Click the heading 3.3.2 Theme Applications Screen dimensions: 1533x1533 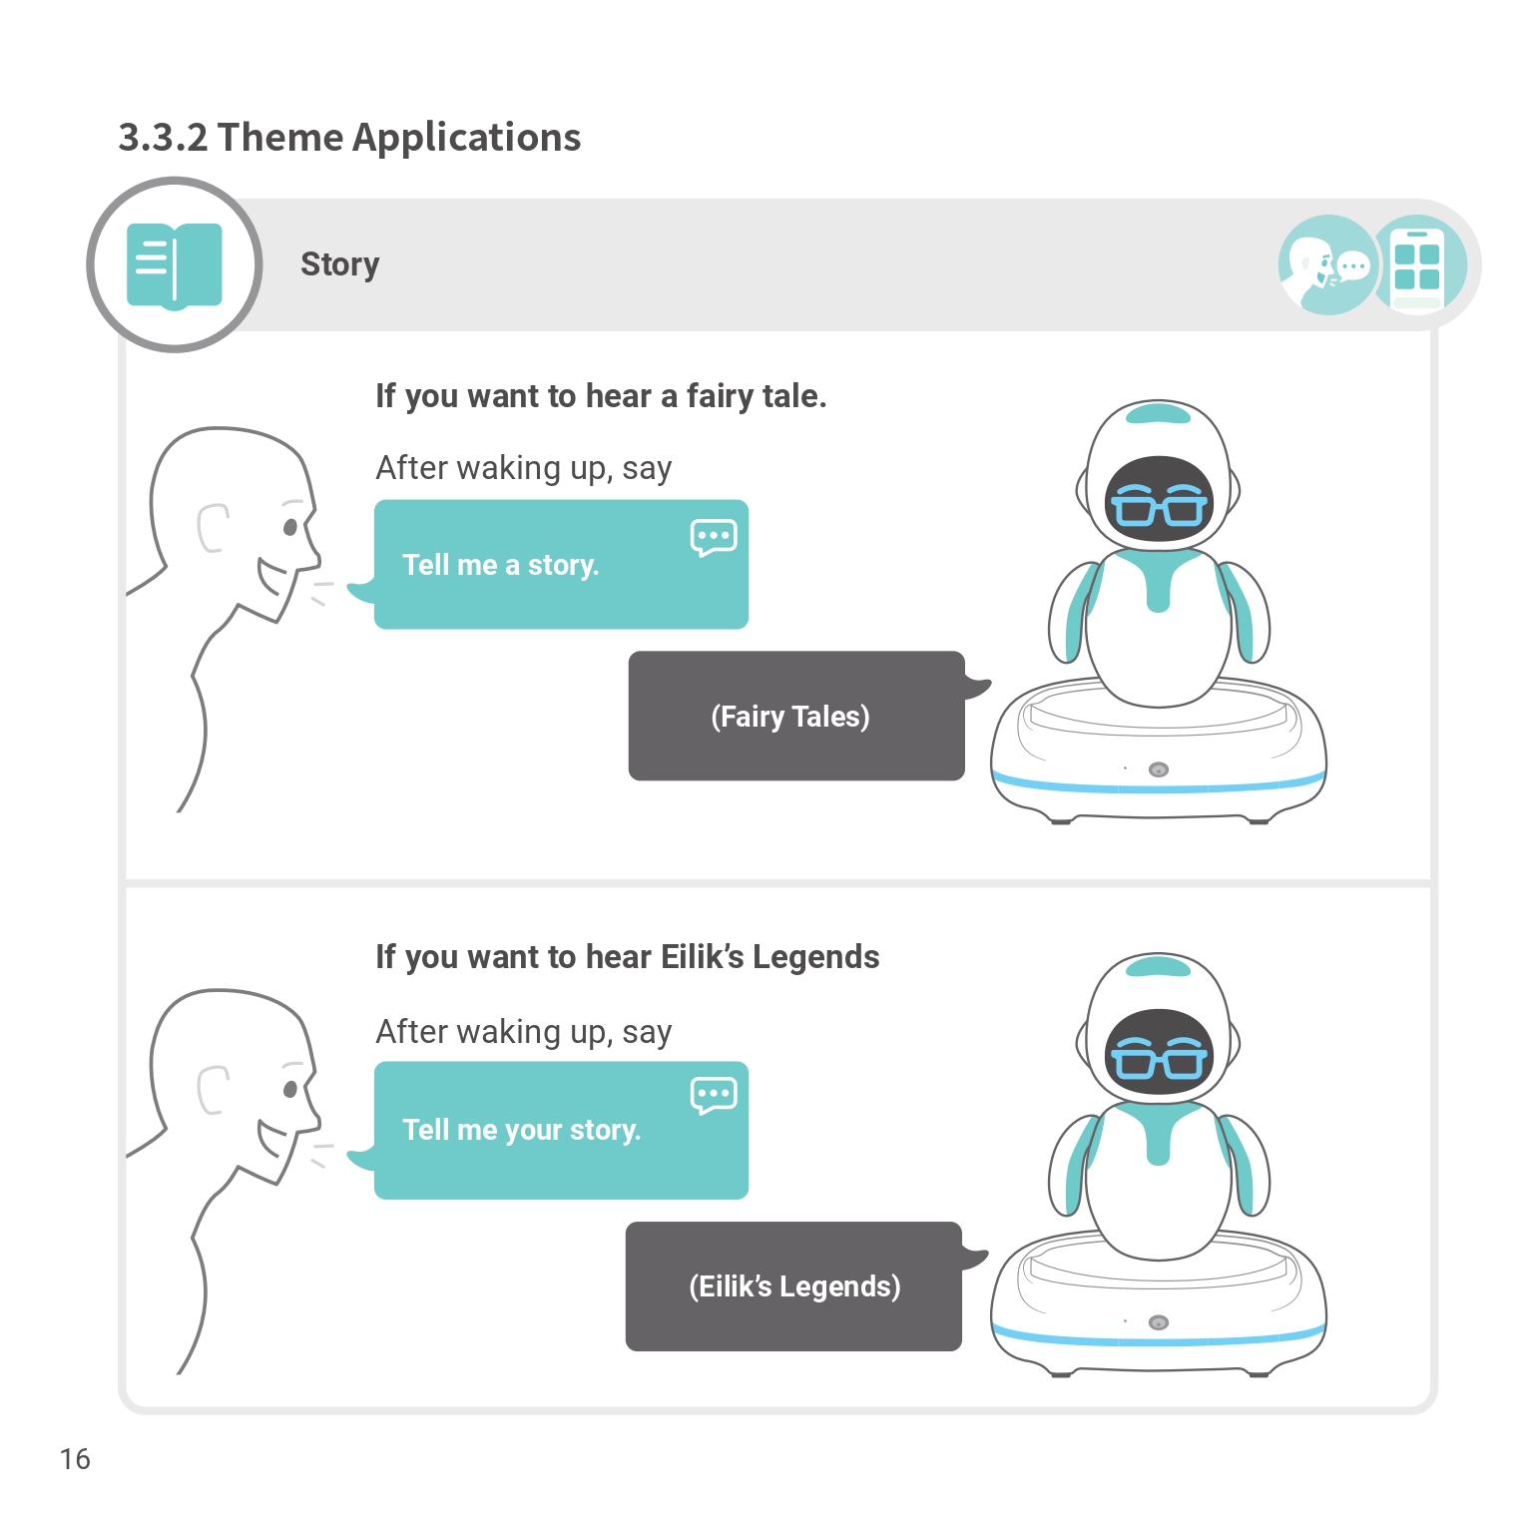(x=349, y=138)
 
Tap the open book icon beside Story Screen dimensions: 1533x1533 (x=175, y=265)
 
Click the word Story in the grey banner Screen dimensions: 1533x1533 (x=339, y=264)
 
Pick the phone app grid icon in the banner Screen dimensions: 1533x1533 (x=1417, y=265)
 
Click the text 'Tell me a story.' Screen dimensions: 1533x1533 (x=500, y=565)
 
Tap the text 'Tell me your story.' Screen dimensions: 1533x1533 (x=521, y=1130)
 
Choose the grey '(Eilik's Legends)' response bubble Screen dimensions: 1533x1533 (x=793, y=1286)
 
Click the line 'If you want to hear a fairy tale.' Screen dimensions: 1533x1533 (x=601, y=396)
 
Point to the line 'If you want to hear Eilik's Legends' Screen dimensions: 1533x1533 (x=627, y=957)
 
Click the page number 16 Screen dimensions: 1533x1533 (x=75, y=1459)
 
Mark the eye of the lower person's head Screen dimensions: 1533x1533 (x=290, y=1089)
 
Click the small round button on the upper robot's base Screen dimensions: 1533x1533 (x=1159, y=769)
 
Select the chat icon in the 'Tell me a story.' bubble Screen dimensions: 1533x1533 (x=713, y=537)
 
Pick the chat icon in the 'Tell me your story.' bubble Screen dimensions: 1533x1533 (x=713, y=1095)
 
